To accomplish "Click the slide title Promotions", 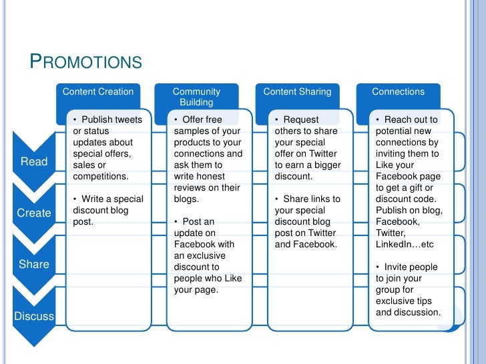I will (86, 62).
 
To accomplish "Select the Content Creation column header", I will (97, 92).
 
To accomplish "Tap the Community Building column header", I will (196, 97).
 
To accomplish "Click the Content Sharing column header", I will (297, 92).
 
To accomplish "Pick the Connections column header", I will (398, 92).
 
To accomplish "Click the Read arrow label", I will (34, 161).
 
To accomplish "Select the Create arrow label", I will (34, 213).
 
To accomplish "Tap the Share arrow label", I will (34, 264).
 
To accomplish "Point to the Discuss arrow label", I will (34, 316).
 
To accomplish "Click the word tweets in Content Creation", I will (128, 120).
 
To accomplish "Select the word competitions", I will (100, 177).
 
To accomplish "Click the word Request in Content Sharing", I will (301, 120).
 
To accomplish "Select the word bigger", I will (326, 165).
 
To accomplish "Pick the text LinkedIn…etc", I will (405, 245).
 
